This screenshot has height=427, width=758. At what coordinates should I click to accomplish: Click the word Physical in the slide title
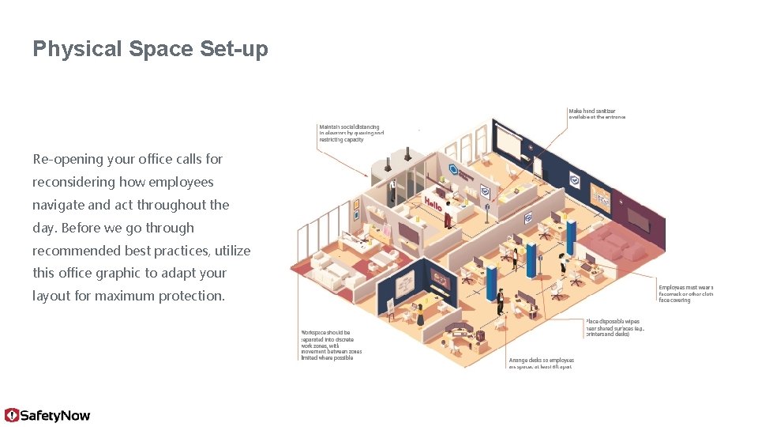77,49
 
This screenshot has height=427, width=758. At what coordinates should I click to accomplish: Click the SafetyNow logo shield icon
12,415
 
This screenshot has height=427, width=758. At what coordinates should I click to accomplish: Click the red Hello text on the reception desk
433,203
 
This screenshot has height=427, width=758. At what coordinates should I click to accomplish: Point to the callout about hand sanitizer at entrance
596,114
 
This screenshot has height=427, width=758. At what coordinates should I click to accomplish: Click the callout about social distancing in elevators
351,133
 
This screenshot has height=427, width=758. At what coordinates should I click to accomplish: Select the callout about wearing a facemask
685,293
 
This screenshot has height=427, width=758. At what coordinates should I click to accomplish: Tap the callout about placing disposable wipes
614,327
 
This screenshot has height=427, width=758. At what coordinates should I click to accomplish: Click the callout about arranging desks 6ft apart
541,363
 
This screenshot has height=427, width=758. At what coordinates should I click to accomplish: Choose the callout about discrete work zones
331,345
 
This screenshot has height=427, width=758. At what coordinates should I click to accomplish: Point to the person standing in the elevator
392,188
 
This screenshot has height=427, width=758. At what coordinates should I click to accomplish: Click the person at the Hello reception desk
448,214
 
